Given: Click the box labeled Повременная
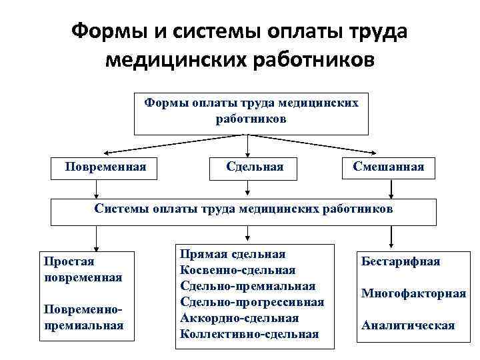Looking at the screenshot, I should (105, 167).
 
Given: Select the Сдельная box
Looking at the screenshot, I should (255, 167).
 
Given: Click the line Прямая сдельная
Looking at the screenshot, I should (233, 255).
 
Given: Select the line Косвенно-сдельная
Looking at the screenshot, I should (237, 270).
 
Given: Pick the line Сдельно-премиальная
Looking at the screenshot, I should (247, 285).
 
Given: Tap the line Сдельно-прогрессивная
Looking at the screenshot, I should (252, 301).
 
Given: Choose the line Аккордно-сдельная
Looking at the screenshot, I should (239, 317).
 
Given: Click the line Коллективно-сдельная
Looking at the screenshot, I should (249, 333).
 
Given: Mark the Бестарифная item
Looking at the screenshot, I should (400, 261).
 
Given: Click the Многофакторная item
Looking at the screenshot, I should (413, 293).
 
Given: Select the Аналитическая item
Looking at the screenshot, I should (407, 325).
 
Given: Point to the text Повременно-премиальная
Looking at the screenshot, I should (83, 317).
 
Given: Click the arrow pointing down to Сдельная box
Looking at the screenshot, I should (248, 145).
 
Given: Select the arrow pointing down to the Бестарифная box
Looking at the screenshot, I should (392, 235).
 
